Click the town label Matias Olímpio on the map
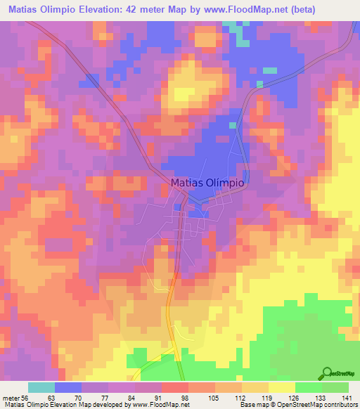coord(207,182)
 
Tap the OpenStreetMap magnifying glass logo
coord(327,373)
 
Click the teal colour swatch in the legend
coord(41,387)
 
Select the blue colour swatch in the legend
coord(68,387)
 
